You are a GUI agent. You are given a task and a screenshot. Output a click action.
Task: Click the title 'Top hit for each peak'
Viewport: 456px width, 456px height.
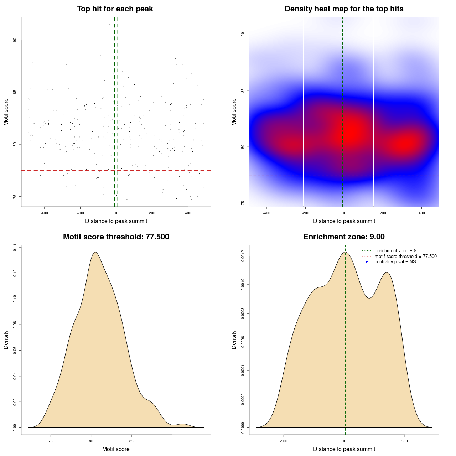click(x=115, y=9)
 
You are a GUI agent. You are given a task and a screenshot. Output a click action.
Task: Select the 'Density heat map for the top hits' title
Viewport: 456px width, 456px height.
click(x=344, y=9)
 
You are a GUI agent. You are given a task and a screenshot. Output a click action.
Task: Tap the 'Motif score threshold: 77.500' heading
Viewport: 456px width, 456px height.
click(x=116, y=237)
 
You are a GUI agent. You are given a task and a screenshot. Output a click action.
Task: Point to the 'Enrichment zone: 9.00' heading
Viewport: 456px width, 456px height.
click(x=344, y=237)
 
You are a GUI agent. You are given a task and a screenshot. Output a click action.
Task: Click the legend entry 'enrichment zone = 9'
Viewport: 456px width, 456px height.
click(x=395, y=251)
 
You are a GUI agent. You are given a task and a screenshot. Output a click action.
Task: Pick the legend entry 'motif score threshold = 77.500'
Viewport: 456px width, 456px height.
click(x=405, y=256)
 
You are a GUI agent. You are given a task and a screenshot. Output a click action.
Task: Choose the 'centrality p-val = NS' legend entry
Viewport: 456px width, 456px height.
click(x=395, y=262)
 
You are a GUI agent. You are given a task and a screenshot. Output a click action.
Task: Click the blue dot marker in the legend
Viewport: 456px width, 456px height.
click(x=367, y=262)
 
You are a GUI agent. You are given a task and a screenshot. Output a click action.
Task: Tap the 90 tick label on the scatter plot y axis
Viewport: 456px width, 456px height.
click(x=15, y=40)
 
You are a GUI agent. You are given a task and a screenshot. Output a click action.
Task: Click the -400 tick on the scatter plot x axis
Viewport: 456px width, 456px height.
click(x=44, y=213)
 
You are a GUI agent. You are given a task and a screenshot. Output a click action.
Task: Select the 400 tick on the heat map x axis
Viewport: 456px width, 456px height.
click(x=421, y=213)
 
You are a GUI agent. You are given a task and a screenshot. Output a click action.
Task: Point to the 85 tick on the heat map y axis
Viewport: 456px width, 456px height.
click(x=243, y=90)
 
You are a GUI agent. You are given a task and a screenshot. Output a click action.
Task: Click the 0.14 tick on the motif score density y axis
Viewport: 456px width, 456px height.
click(x=15, y=247)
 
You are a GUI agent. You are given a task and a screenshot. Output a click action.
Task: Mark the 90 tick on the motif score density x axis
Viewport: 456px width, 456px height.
click(x=172, y=441)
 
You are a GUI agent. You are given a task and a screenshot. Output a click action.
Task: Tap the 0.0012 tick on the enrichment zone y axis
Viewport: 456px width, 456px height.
click(x=243, y=256)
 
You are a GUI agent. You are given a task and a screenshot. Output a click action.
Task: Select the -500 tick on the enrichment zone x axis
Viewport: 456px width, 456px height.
click(x=284, y=441)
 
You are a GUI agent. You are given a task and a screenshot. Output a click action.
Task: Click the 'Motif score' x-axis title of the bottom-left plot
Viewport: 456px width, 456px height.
click(x=116, y=449)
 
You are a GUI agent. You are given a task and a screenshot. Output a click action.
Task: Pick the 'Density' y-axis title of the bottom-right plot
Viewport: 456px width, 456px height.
click(x=234, y=340)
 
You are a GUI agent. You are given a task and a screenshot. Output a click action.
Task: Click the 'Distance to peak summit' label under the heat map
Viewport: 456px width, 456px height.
click(x=344, y=221)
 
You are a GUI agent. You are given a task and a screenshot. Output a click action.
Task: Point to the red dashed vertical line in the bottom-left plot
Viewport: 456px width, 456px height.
click(x=71, y=356)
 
